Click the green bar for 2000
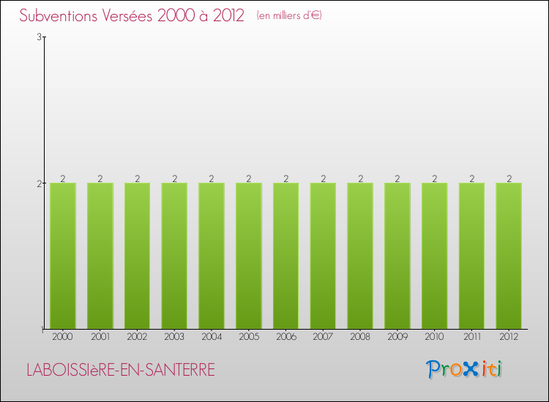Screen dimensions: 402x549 (63, 256)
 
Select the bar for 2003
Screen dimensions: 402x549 (174, 256)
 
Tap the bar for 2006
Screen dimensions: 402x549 (285, 256)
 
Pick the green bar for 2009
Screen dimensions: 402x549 (397, 256)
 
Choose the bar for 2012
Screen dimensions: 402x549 (509, 256)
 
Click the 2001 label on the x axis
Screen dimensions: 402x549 (100, 337)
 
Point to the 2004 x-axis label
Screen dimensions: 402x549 (212, 337)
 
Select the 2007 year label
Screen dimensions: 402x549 (323, 337)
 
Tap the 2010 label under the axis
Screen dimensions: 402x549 (435, 337)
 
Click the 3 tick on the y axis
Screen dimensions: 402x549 (39, 37)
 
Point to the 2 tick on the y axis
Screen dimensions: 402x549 (39, 183)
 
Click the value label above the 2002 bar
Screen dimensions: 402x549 (138, 178)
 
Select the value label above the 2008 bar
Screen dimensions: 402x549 (360, 178)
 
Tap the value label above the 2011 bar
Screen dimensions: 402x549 (472, 178)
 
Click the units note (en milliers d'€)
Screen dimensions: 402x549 (289, 15)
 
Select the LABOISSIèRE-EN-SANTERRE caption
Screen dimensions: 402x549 (121, 370)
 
